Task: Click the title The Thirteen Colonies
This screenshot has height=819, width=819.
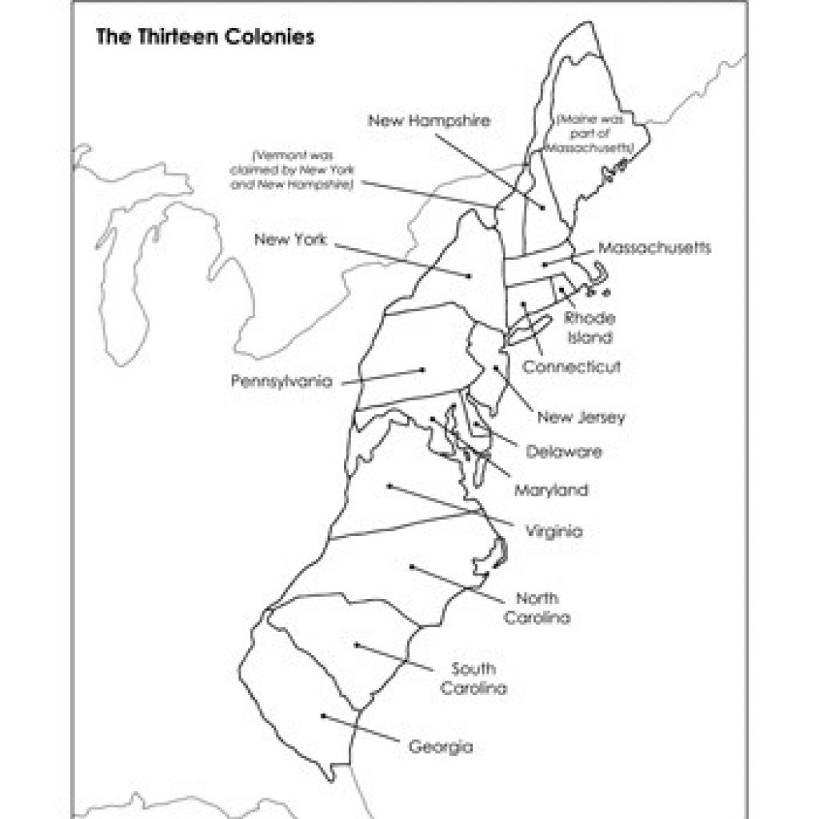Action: [204, 38]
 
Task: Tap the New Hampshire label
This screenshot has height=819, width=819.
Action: [429, 121]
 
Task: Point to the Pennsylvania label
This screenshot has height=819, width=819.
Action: [282, 382]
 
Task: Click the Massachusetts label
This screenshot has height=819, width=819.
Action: [653, 247]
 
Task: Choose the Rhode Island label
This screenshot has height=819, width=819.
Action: [590, 328]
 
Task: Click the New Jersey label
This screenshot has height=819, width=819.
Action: [581, 417]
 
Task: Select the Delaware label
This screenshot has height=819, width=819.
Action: [564, 452]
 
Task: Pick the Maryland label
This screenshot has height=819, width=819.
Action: [550, 489]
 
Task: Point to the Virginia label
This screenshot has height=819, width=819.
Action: [554, 530]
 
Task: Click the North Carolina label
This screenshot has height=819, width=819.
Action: [537, 608]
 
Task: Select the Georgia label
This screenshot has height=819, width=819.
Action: [440, 748]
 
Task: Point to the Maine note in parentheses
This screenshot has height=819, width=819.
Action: [592, 132]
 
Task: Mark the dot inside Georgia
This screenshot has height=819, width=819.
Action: [322, 716]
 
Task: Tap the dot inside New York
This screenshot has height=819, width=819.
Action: [469, 276]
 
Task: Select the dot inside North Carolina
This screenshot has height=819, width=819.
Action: [412, 567]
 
